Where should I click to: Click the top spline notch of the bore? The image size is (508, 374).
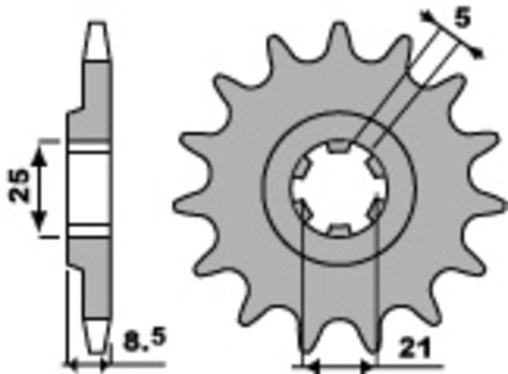(337, 151)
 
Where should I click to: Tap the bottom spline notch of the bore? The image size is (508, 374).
(337, 230)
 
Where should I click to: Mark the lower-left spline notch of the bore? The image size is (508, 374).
(303, 209)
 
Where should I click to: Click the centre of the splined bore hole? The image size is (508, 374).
(337, 190)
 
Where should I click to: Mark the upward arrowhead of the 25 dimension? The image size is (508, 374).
(38, 156)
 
